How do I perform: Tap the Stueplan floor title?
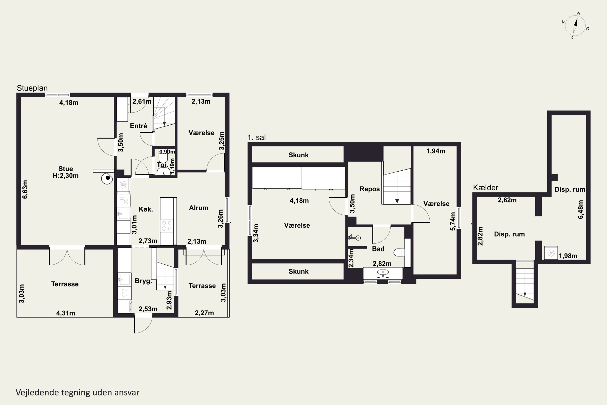32,88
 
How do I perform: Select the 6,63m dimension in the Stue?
25,189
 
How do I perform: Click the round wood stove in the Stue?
107,178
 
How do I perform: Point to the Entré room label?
139,126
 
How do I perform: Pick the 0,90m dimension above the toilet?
167,152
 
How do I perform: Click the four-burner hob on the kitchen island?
167,225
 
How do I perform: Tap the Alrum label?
198,208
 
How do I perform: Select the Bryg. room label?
143,281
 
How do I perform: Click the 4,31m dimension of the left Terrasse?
66,313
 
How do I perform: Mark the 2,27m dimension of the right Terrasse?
204,313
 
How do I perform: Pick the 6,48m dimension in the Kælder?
580,209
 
